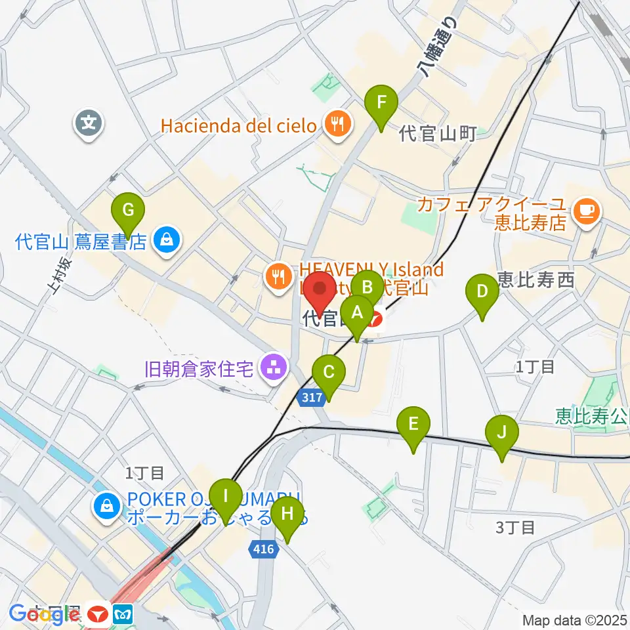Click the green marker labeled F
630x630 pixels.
(381, 103)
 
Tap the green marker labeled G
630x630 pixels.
(129, 211)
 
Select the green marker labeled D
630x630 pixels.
(482, 291)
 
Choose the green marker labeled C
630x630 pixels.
(329, 373)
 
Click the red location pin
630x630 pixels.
(321, 289)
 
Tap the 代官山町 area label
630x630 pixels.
(438, 135)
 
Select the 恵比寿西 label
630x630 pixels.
(536, 281)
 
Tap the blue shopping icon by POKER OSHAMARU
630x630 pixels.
(106, 506)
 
